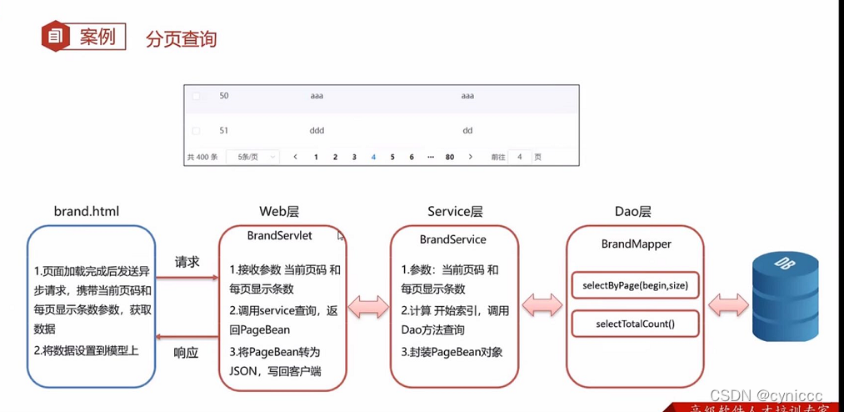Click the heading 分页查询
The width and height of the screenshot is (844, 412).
point(181,38)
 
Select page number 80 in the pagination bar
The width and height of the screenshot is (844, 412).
point(450,157)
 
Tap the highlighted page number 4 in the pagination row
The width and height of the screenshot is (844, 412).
point(373,157)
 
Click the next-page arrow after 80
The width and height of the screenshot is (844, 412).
point(471,157)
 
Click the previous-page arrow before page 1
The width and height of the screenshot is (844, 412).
point(295,157)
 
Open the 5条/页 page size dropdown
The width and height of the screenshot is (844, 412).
point(252,157)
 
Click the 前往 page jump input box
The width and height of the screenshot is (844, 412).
point(519,157)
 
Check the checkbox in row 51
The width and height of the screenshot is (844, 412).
point(196,131)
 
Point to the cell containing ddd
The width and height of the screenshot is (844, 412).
point(317,131)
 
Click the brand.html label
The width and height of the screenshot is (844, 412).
point(86,211)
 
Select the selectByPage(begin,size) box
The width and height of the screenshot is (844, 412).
point(635,286)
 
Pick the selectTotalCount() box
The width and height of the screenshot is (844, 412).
point(635,323)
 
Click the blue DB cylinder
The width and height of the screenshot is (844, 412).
point(785,296)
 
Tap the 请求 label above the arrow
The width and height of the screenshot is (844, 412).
point(187,262)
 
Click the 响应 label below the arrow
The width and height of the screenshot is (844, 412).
point(187,352)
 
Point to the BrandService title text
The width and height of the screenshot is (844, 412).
point(452,239)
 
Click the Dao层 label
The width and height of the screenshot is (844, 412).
point(632,212)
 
